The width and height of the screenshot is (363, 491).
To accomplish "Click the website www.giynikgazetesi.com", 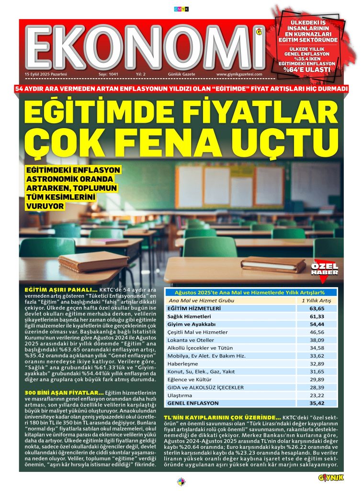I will click(x=239, y=74).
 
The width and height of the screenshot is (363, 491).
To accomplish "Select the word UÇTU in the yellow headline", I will click(x=288, y=140).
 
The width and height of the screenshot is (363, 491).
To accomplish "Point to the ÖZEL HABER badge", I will click(x=325, y=269).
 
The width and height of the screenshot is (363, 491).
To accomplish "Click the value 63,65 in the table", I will click(x=317, y=309).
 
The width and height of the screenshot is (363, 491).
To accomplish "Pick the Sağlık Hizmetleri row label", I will click(x=190, y=316).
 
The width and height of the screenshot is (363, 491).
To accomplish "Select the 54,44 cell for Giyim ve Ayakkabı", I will click(x=317, y=325).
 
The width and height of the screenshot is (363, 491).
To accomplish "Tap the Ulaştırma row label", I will click(x=180, y=395).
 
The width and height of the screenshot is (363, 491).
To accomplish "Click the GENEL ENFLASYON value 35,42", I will click(x=317, y=403).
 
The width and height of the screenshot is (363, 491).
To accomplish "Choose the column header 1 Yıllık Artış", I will click(x=316, y=301).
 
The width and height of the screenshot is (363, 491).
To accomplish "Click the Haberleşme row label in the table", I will click(x=181, y=364).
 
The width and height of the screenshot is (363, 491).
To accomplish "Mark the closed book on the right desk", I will click(x=273, y=264).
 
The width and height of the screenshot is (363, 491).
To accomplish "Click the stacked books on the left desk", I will click(x=94, y=261).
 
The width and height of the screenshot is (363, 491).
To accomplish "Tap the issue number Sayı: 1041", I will click(x=108, y=74).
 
